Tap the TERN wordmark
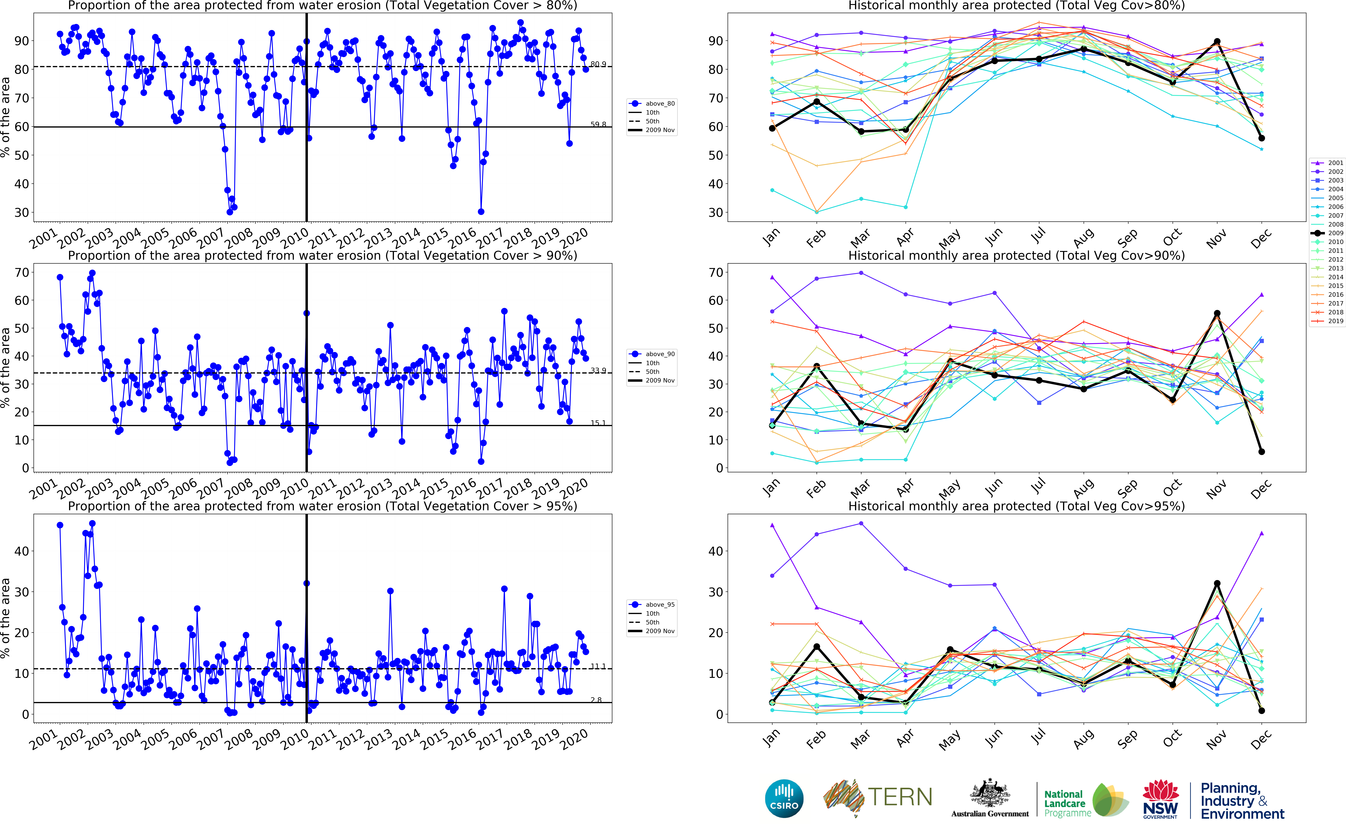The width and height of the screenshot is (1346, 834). tap(900, 797)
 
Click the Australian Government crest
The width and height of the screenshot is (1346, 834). tap(990, 794)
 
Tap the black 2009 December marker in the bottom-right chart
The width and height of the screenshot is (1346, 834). tap(1262, 711)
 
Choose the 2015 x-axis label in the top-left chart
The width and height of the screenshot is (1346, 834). tap(434, 238)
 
